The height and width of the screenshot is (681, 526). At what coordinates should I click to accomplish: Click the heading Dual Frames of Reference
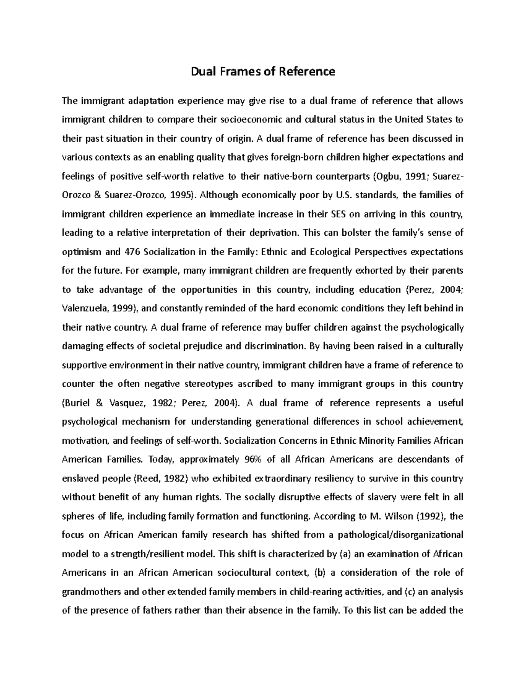click(x=263, y=71)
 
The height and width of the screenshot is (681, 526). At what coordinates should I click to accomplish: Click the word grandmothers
click(x=92, y=592)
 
